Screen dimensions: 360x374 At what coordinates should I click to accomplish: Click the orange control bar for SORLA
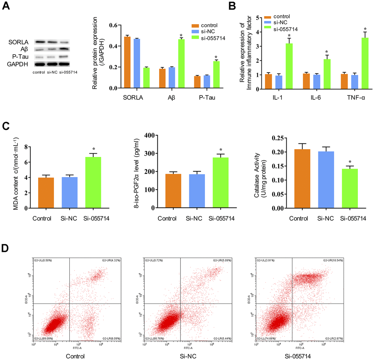(x=127, y=62)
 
